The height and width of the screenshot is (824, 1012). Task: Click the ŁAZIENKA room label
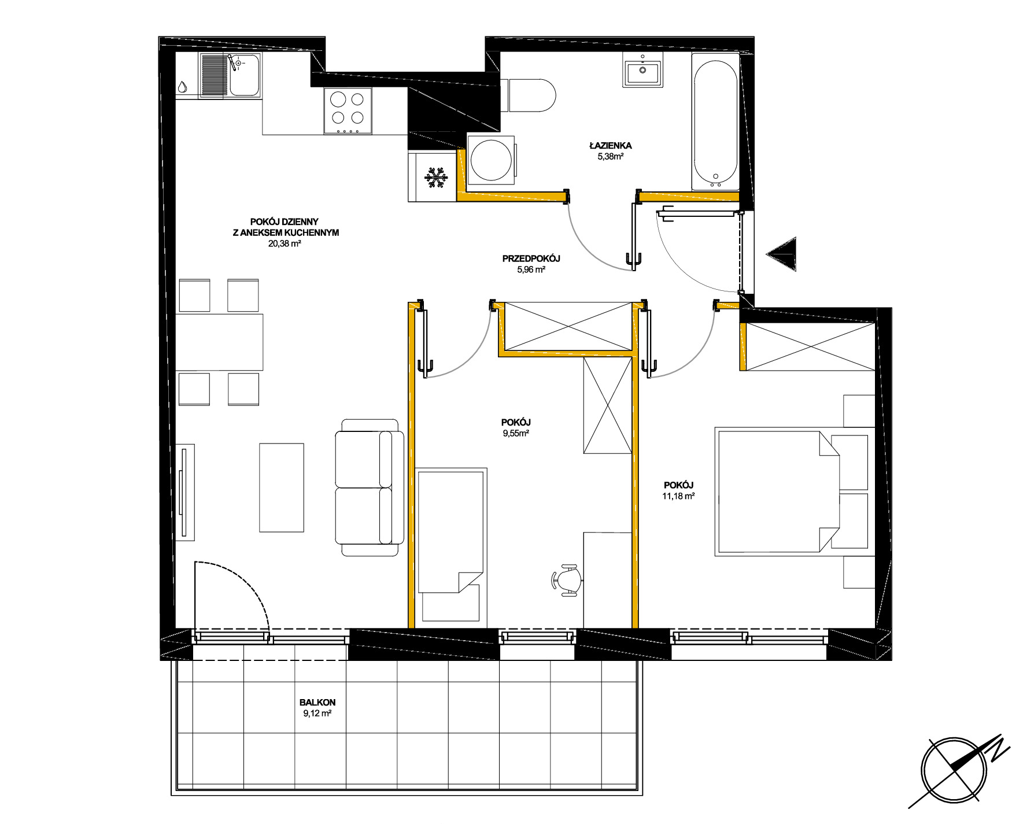coord(610,145)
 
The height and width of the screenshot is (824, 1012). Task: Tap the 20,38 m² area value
coord(285,243)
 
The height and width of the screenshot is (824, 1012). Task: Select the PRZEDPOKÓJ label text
coord(531,258)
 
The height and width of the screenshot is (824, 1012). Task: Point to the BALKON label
coord(317,702)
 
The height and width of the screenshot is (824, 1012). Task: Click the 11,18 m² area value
coord(678,496)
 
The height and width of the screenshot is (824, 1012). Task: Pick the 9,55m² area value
coord(516,433)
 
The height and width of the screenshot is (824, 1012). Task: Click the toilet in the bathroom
coord(528,95)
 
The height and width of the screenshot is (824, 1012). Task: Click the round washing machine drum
coord(492,160)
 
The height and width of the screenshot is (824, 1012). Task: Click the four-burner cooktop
coord(348,111)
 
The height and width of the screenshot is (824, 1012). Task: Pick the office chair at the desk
coord(567,580)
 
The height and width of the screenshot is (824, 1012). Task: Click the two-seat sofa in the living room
coord(369,487)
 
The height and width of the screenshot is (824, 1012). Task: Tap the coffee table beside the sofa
coord(282,487)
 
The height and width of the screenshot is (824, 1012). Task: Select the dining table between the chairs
coord(219,342)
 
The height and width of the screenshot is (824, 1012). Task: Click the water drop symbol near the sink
coord(182,87)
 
